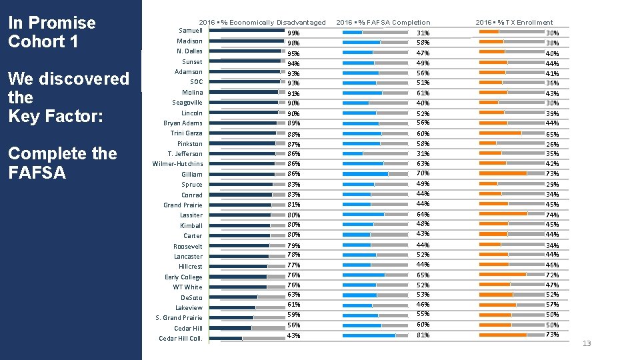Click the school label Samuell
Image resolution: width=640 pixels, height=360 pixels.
click(x=191, y=31)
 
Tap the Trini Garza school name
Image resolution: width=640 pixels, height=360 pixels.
click(x=186, y=133)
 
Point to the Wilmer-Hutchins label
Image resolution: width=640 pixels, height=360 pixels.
click(x=177, y=164)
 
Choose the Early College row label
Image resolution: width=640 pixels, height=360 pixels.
click(x=183, y=277)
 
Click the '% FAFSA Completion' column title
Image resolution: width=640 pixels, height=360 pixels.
click(x=383, y=23)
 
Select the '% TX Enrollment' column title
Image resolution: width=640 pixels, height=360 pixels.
click(x=514, y=23)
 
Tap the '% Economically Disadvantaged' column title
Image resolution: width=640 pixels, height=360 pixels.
click(x=263, y=23)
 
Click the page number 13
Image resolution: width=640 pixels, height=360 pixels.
click(x=587, y=343)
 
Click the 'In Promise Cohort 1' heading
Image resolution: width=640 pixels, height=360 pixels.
click(x=52, y=32)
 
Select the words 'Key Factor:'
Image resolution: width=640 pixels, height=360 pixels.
click(x=55, y=116)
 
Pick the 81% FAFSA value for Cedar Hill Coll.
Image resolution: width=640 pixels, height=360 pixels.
click(x=423, y=335)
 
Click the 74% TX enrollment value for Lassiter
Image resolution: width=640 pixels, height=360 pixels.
click(x=552, y=215)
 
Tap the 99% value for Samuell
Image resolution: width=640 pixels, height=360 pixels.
click(x=293, y=33)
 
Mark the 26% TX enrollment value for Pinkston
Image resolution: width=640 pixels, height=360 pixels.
click(x=552, y=145)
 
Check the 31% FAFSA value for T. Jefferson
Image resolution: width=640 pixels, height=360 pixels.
click(x=423, y=154)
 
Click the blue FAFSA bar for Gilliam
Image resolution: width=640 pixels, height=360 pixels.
click(x=365, y=174)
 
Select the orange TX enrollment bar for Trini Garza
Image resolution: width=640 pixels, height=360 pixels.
click(x=500, y=133)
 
